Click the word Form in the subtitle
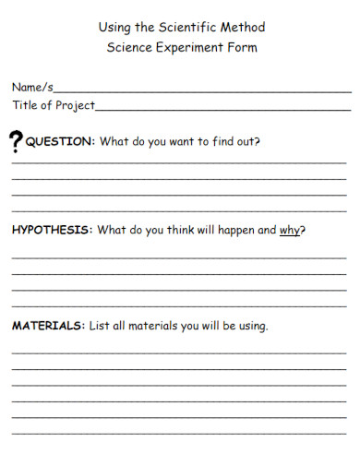(x=242, y=47)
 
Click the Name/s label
(x=32, y=88)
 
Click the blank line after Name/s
(x=202, y=91)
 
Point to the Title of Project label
(x=54, y=105)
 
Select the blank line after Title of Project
(x=222, y=110)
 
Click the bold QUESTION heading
(x=60, y=142)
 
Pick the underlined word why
(x=290, y=230)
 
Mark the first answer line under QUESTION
(x=179, y=163)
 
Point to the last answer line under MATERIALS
(x=179, y=432)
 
